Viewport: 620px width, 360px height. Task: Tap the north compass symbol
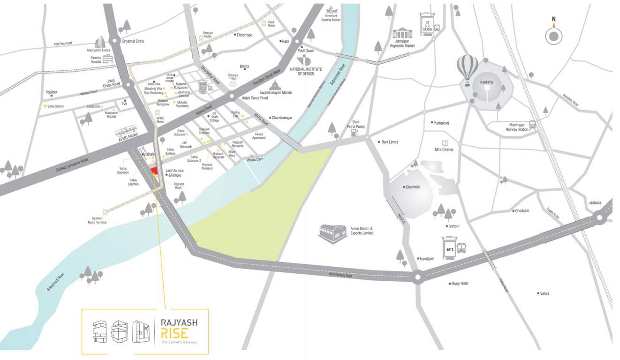(554, 35)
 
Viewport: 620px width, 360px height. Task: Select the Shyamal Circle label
(133, 41)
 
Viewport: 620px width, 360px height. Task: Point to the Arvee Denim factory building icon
(333, 233)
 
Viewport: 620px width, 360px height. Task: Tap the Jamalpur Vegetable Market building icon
(402, 33)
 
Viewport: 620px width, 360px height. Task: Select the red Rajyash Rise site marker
(153, 172)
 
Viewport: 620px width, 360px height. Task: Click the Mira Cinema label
(445, 150)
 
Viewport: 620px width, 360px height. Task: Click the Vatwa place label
(544, 293)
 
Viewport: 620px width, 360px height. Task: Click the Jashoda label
(595, 203)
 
